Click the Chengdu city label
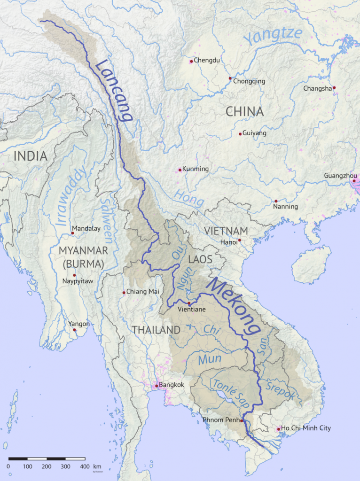207,61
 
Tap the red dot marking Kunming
180,170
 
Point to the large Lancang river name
114,90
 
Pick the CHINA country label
244,112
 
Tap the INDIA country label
31,156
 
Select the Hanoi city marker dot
239,240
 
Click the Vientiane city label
192,310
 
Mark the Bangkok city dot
157,386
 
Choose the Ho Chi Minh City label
306,428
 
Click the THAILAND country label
156,330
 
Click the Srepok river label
281,392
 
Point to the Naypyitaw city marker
74,275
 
